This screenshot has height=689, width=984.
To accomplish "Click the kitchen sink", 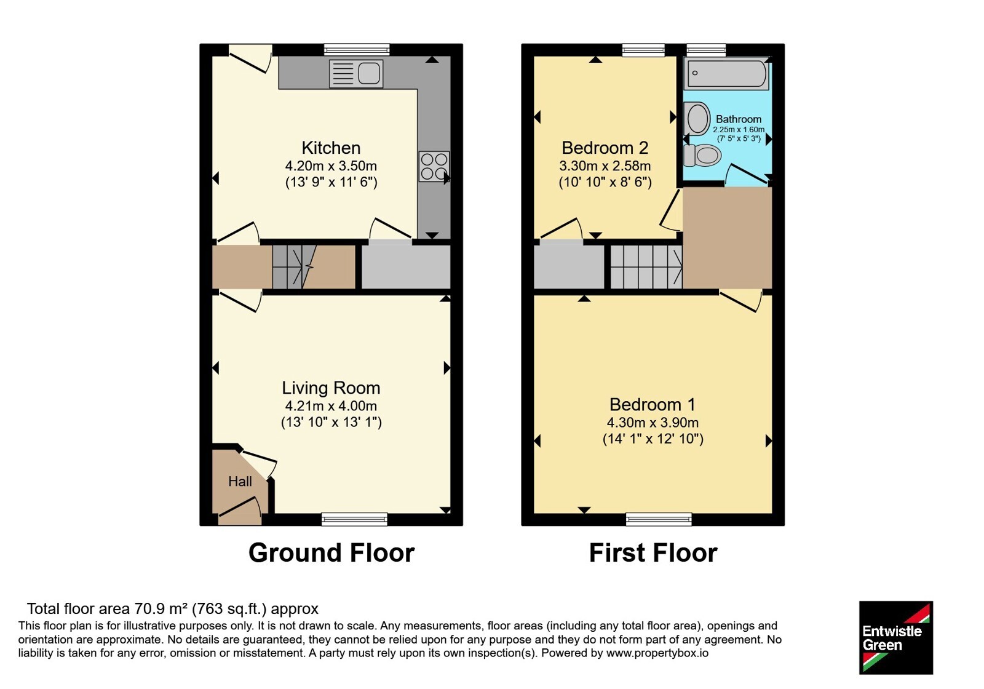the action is click(x=356, y=73).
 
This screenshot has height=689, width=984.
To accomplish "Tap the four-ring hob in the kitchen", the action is click(x=434, y=166).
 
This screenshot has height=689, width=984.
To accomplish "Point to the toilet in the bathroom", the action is click(x=702, y=155).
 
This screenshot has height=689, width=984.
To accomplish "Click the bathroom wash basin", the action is click(x=697, y=119).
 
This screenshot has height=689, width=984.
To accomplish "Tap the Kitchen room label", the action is click(x=331, y=148).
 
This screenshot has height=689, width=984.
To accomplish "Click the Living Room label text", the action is click(x=331, y=388).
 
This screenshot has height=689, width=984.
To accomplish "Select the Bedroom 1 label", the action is click(x=653, y=404).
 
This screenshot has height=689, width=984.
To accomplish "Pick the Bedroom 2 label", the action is click(x=605, y=148).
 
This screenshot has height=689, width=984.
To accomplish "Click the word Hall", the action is click(x=240, y=481).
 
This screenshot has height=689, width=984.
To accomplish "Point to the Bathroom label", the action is click(x=739, y=119).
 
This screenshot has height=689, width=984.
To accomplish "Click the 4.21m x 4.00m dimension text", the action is click(x=331, y=405).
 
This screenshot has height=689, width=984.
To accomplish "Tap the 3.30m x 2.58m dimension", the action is click(x=605, y=165).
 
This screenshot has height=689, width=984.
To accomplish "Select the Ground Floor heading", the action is click(x=331, y=553).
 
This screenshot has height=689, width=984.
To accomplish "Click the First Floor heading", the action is click(x=653, y=553).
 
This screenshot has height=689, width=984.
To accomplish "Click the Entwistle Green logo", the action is click(x=896, y=637).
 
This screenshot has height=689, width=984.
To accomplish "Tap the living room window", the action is click(x=354, y=519).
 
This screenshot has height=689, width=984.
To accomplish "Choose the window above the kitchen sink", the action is click(x=357, y=50).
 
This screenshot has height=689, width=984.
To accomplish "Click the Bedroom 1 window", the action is click(x=659, y=519).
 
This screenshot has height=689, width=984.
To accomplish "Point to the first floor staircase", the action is click(x=646, y=267).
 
